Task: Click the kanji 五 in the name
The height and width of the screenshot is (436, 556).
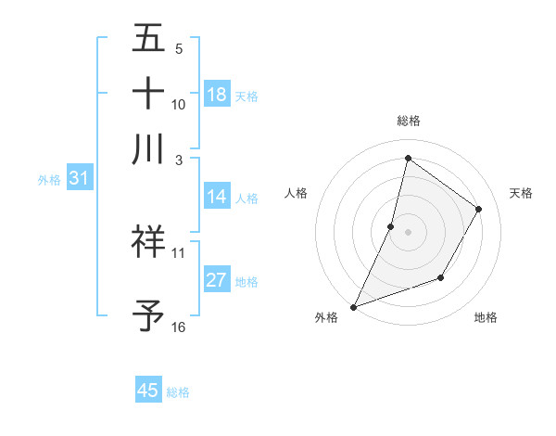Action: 148,40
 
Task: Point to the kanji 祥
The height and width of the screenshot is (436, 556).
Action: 148,243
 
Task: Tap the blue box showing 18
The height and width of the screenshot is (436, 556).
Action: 217,94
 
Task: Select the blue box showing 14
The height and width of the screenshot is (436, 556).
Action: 217,197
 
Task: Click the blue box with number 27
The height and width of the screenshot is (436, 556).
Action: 217,280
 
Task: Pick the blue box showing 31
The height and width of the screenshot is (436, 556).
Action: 79,178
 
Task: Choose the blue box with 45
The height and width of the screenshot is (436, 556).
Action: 148,391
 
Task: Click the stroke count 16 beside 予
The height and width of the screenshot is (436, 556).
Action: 178,327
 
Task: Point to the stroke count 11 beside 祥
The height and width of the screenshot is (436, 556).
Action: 178,252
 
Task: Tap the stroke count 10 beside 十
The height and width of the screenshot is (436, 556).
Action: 178,104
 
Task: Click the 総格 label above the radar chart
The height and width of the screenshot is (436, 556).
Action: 408,121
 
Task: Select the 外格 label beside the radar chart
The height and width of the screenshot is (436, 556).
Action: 326,317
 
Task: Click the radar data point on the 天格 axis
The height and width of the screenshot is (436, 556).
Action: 479,209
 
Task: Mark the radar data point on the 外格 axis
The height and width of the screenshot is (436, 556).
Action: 353,306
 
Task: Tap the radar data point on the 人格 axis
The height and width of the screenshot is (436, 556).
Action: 391,225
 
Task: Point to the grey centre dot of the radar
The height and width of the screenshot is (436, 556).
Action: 408,232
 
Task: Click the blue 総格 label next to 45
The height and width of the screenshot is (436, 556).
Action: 178,392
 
